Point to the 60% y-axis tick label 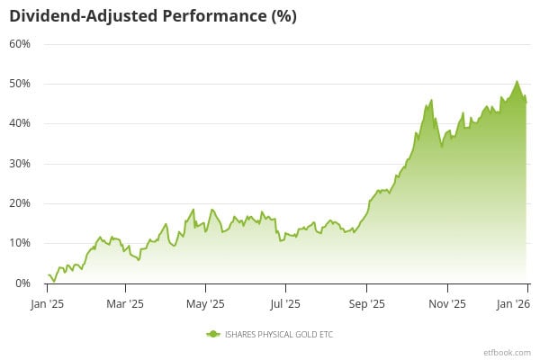pyautogui.click(x=20, y=44)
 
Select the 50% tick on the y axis pyautogui.click(x=20, y=84)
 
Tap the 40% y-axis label pyautogui.click(x=20, y=123)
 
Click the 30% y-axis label pyautogui.click(x=20, y=164)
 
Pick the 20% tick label pyautogui.click(x=20, y=203)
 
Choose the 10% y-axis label pyautogui.click(x=20, y=243)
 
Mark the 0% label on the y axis pyautogui.click(x=22, y=283)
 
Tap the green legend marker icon pyautogui.click(x=213, y=334)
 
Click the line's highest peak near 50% pyautogui.click(x=517, y=82)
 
